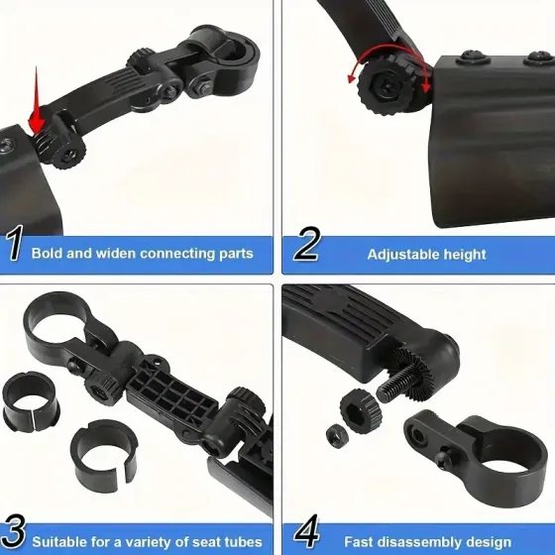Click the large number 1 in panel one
point(14,243)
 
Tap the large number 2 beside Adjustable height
point(307,244)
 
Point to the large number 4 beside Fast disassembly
point(307,531)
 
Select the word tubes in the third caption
point(243,542)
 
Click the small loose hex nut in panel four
point(337,436)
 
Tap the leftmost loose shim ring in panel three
point(31,401)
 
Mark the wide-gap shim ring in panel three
point(104,455)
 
